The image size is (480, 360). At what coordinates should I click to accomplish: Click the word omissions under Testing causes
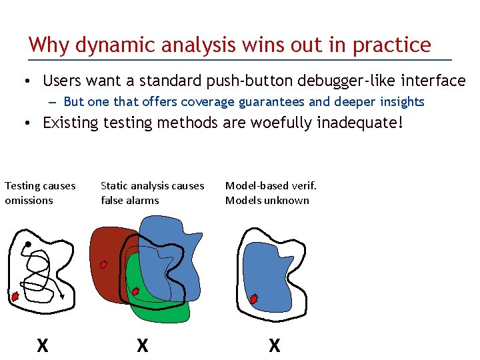click(x=29, y=200)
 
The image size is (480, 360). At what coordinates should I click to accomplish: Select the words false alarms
click(x=130, y=200)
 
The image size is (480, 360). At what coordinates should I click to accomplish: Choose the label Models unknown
click(x=267, y=200)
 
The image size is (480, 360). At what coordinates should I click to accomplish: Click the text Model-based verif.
click(x=271, y=185)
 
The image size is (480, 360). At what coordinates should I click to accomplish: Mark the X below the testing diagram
click(x=42, y=345)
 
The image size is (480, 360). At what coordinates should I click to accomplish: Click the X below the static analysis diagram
click(x=142, y=345)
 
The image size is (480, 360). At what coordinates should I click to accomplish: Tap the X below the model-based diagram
click(x=274, y=345)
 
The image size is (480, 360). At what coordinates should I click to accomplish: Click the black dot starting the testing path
click(x=28, y=245)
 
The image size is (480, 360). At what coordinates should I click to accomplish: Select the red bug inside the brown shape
click(x=103, y=264)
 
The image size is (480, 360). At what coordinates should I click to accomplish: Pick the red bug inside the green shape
click(x=135, y=291)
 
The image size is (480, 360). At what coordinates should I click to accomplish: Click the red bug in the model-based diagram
click(x=253, y=299)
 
